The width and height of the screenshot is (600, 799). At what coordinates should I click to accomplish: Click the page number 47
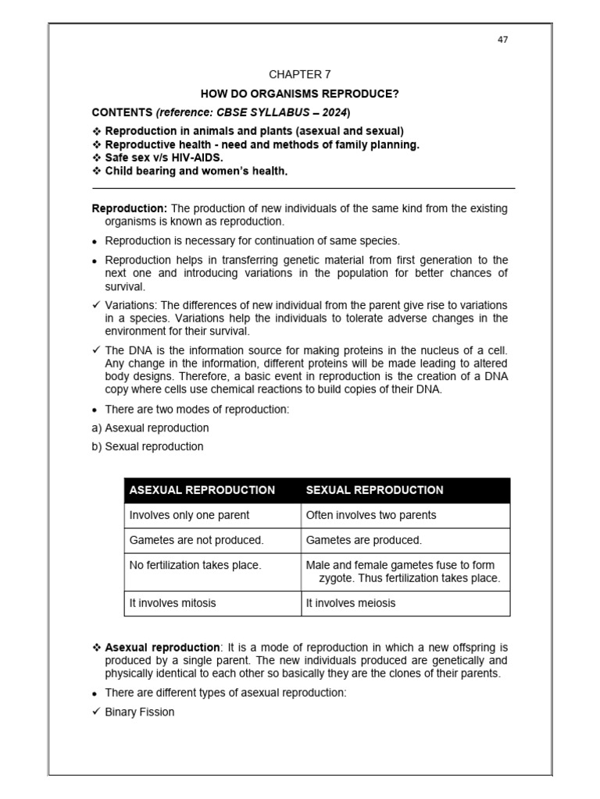click(502, 40)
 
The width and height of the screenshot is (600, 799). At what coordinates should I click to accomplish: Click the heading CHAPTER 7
click(300, 75)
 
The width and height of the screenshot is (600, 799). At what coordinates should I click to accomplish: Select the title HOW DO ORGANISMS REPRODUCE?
click(300, 94)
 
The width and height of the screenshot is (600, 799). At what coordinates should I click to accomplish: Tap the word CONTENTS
click(122, 112)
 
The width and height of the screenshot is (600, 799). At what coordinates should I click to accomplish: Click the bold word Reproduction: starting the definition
click(130, 208)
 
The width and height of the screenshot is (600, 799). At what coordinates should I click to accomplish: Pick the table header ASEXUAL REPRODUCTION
click(202, 490)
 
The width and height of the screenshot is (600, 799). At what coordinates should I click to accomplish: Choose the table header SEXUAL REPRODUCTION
click(374, 490)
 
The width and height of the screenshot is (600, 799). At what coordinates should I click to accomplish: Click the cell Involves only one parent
click(189, 515)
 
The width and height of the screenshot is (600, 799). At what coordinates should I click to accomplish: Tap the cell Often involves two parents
click(371, 515)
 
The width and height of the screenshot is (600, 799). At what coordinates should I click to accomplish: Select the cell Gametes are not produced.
click(196, 540)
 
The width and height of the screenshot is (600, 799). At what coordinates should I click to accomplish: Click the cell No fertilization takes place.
click(195, 565)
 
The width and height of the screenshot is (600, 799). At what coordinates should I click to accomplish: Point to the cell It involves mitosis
click(173, 603)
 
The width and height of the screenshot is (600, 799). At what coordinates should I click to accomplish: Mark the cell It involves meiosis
click(351, 603)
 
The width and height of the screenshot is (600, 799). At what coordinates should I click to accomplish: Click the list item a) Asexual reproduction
click(151, 428)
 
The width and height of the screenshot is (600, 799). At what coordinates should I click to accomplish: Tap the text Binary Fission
click(140, 712)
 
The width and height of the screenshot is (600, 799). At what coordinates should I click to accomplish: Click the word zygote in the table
click(337, 578)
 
